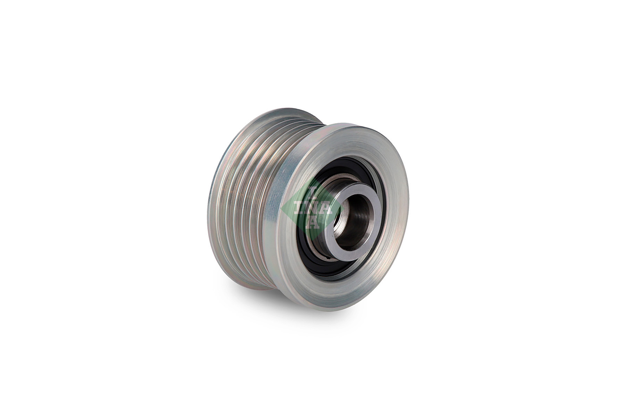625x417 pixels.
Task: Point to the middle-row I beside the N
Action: [300, 208]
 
